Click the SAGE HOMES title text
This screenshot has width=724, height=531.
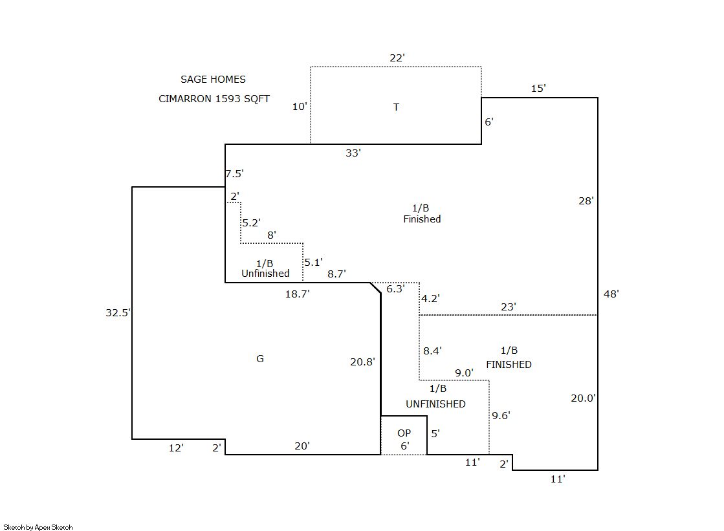pos(213,80)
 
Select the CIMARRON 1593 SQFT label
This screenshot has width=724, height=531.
pos(214,99)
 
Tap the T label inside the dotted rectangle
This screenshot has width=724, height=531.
pos(396,107)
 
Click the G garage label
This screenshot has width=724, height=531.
pos(260,359)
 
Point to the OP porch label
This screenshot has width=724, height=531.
pos(404,433)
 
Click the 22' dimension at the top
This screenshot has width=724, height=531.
pos(397,58)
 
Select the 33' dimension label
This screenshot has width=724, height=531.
pos(353,153)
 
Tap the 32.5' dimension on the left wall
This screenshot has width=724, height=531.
pos(118,313)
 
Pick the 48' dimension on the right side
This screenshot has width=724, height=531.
pos(611,294)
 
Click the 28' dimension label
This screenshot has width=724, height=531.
pos(586,201)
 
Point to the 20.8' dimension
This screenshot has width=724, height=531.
pos(362,362)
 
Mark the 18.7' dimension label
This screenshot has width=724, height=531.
pos(298,294)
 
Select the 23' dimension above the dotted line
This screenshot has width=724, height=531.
pos(509,307)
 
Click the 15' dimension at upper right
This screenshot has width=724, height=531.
pos(538,89)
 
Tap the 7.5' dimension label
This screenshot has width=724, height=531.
pos(235,173)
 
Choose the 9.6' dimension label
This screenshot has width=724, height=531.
pos(501,416)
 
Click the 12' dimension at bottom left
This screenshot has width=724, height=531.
pos(175,448)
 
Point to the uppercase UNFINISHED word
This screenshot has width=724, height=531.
pos(435,404)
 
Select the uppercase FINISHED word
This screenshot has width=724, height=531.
pos(509,365)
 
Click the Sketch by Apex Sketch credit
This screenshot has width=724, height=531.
pos(38,527)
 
